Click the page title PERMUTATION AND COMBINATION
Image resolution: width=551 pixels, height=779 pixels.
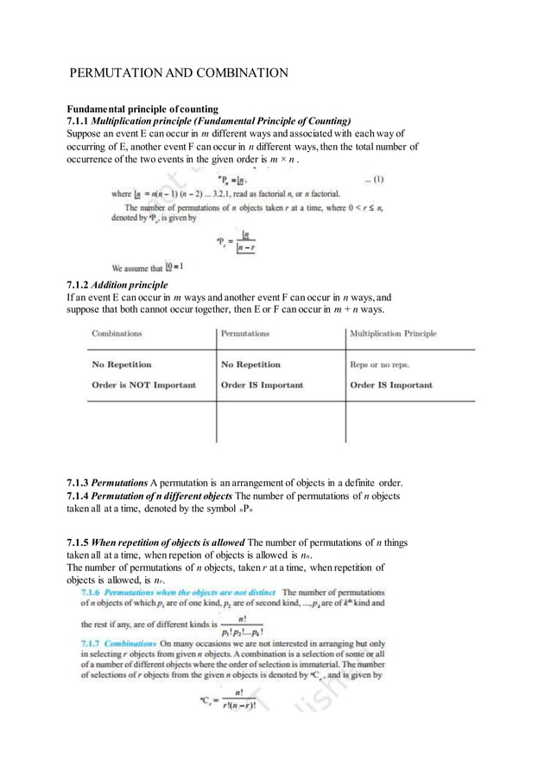point(179,73)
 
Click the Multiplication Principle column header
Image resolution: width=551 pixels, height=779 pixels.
point(393,332)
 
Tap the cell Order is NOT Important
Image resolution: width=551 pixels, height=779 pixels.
point(143,385)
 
